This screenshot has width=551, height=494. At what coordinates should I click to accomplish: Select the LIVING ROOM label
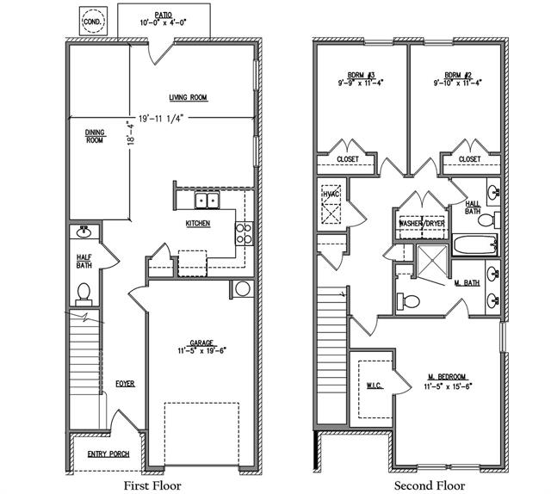point(189,97)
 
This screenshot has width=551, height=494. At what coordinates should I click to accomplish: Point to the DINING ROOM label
point(95,135)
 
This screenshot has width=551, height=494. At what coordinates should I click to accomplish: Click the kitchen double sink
point(207,201)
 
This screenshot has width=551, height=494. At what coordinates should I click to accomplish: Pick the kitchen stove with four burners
point(244,232)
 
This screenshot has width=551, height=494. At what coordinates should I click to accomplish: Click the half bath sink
point(84,232)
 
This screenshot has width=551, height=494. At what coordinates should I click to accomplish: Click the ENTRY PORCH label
point(107,454)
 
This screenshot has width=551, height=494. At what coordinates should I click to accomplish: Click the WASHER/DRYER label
point(421,224)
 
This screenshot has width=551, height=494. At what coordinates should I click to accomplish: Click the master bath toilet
point(409,301)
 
